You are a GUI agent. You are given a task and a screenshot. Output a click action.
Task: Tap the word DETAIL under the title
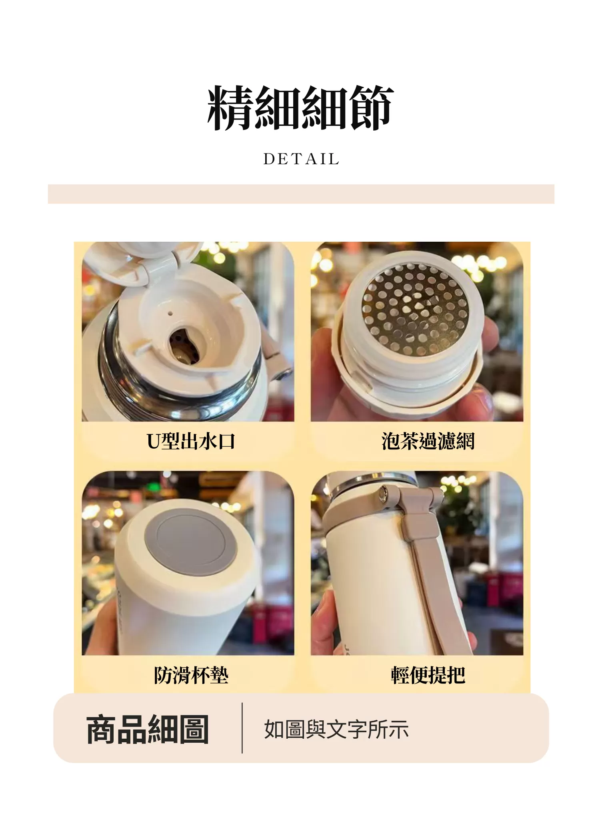coord(301,159)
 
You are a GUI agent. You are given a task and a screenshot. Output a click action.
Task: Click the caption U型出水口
coord(191,441)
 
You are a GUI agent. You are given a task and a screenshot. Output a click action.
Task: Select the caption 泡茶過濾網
coord(428,441)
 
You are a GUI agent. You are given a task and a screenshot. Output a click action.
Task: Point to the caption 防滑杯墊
coord(191,675)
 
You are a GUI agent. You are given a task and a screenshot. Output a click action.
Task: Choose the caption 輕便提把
coord(428,675)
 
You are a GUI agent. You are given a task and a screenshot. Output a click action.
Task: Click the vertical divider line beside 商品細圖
coord(242,728)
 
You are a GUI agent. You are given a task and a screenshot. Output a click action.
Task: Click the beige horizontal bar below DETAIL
coord(301,194)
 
